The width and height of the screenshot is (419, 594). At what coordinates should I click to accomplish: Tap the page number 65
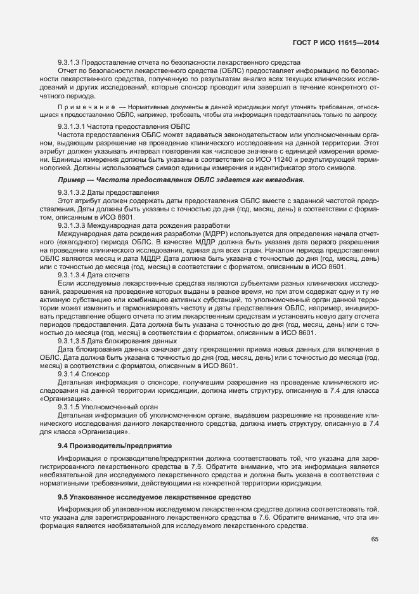(374, 539)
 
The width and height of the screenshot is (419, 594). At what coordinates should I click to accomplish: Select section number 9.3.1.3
(69, 62)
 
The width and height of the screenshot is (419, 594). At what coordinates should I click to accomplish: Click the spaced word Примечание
(86, 107)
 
